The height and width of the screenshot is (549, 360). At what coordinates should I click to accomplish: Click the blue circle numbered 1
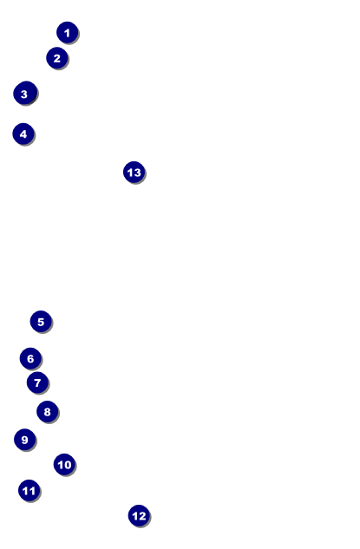68,33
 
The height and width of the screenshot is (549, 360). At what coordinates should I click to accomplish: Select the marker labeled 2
57,58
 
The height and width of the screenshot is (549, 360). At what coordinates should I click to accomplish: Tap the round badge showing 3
25,93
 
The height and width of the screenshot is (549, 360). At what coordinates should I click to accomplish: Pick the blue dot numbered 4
23,134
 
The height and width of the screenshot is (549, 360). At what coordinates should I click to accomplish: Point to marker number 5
41,322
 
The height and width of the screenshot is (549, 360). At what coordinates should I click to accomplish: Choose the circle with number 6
30,358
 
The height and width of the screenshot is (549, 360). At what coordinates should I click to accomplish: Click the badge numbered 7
37,382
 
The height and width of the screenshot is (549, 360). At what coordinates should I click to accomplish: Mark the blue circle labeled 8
47,412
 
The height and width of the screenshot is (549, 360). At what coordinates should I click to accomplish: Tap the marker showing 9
25,440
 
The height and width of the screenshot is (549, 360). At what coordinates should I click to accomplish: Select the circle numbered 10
64,464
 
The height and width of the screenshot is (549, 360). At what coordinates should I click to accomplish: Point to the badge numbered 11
29,491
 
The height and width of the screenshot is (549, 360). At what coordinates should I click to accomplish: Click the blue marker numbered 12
139,516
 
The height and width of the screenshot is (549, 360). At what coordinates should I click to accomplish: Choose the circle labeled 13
134,173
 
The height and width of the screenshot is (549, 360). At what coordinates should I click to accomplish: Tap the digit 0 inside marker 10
68,465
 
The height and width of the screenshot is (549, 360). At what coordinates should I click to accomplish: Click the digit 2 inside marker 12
141,516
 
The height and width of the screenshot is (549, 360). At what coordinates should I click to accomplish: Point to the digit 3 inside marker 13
137,173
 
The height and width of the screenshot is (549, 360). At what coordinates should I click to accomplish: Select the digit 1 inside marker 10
60,465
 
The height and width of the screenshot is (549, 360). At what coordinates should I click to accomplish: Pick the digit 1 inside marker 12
135,516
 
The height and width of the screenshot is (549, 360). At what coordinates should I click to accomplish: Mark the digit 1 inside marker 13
130,173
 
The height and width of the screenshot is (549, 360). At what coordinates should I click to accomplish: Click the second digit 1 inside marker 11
32,491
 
